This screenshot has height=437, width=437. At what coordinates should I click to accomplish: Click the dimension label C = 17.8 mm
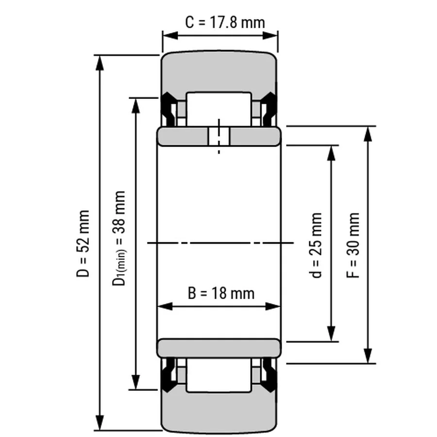coord(225,22)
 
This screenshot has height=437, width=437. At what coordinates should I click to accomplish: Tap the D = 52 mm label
coord(83,244)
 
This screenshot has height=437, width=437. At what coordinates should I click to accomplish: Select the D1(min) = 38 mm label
coord(119,238)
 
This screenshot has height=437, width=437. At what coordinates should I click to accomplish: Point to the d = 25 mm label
coord(316,245)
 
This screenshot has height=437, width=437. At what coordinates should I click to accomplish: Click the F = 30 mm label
coord(353,245)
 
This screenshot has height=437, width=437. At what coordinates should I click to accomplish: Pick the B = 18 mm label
coord(221,293)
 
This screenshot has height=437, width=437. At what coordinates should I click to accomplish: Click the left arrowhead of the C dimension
coord(170,35)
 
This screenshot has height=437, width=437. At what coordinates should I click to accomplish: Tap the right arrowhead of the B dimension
coord(272,306)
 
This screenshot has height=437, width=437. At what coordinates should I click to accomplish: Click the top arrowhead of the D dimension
coord(100,63)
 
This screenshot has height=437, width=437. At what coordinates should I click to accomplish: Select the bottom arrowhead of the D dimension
coord(100,423)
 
